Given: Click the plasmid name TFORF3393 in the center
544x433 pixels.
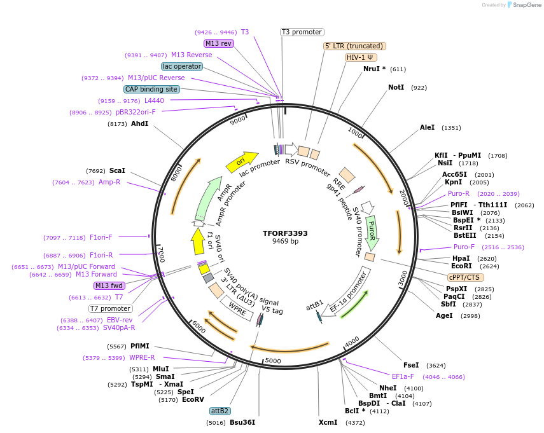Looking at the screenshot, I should (285, 233).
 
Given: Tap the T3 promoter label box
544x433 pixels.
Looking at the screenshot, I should (302, 32).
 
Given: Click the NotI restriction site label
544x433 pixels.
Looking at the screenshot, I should (396, 87).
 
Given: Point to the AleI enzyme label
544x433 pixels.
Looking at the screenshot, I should (427, 127).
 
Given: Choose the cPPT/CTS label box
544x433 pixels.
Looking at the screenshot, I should (465, 277).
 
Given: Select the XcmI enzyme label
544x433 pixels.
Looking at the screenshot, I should (328, 422).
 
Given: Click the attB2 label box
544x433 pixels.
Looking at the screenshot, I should (220, 411).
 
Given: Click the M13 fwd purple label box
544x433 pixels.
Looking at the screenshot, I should (109, 285).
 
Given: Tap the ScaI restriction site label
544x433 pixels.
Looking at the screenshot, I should (117, 170).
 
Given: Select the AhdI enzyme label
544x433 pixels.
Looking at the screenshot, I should (139, 123).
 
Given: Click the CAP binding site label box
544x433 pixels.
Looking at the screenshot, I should (151, 90).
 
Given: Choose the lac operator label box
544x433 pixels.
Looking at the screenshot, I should (181, 66).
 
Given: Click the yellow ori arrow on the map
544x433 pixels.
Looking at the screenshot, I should (241, 162).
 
